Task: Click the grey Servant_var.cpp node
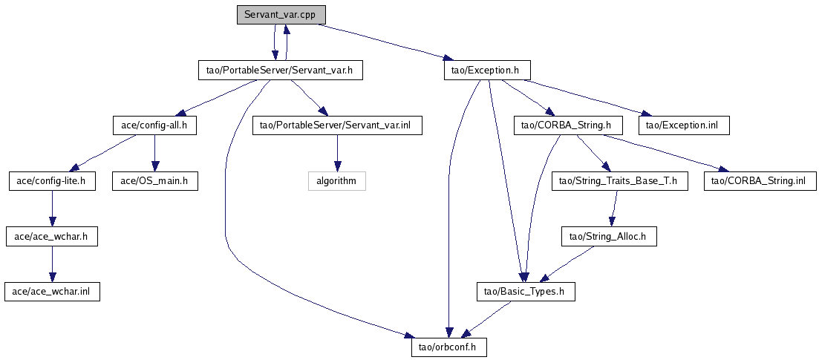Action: (x=281, y=15)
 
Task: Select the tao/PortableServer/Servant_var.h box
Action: (x=280, y=71)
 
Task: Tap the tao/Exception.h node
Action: (x=486, y=71)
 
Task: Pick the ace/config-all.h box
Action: (x=154, y=125)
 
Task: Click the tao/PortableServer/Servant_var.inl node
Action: (x=337, y=125)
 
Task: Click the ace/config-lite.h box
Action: (x=51, y=181)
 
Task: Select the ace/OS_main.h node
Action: (x=154, y=181)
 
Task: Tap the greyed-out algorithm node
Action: (x=337, y=181)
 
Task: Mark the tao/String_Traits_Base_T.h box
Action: (x=619, y=181)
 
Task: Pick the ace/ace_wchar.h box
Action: (x=51, y=237)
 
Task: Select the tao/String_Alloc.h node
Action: (x=607, y=237)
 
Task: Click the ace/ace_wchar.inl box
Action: (x=51, y=292)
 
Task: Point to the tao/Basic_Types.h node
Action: (x=524, y=292)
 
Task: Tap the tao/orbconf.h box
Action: (x=449, y=347)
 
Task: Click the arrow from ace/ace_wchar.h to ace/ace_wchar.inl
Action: (x=51, y=264)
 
